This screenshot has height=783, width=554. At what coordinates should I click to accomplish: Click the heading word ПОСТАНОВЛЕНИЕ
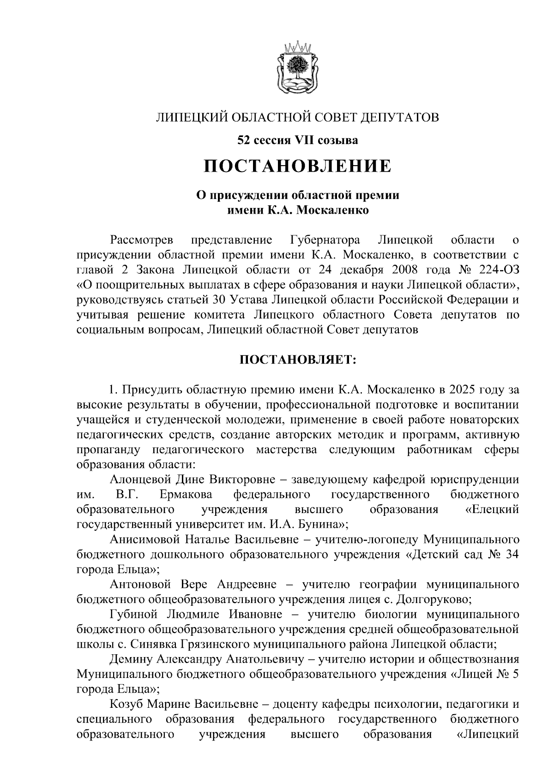[x=298, y=166]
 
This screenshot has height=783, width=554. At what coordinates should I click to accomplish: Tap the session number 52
[x=244, y=139]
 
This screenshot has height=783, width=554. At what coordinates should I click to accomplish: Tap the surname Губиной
[x=134, y=615]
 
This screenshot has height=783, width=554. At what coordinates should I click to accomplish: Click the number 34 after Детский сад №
[x=512, y=555]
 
